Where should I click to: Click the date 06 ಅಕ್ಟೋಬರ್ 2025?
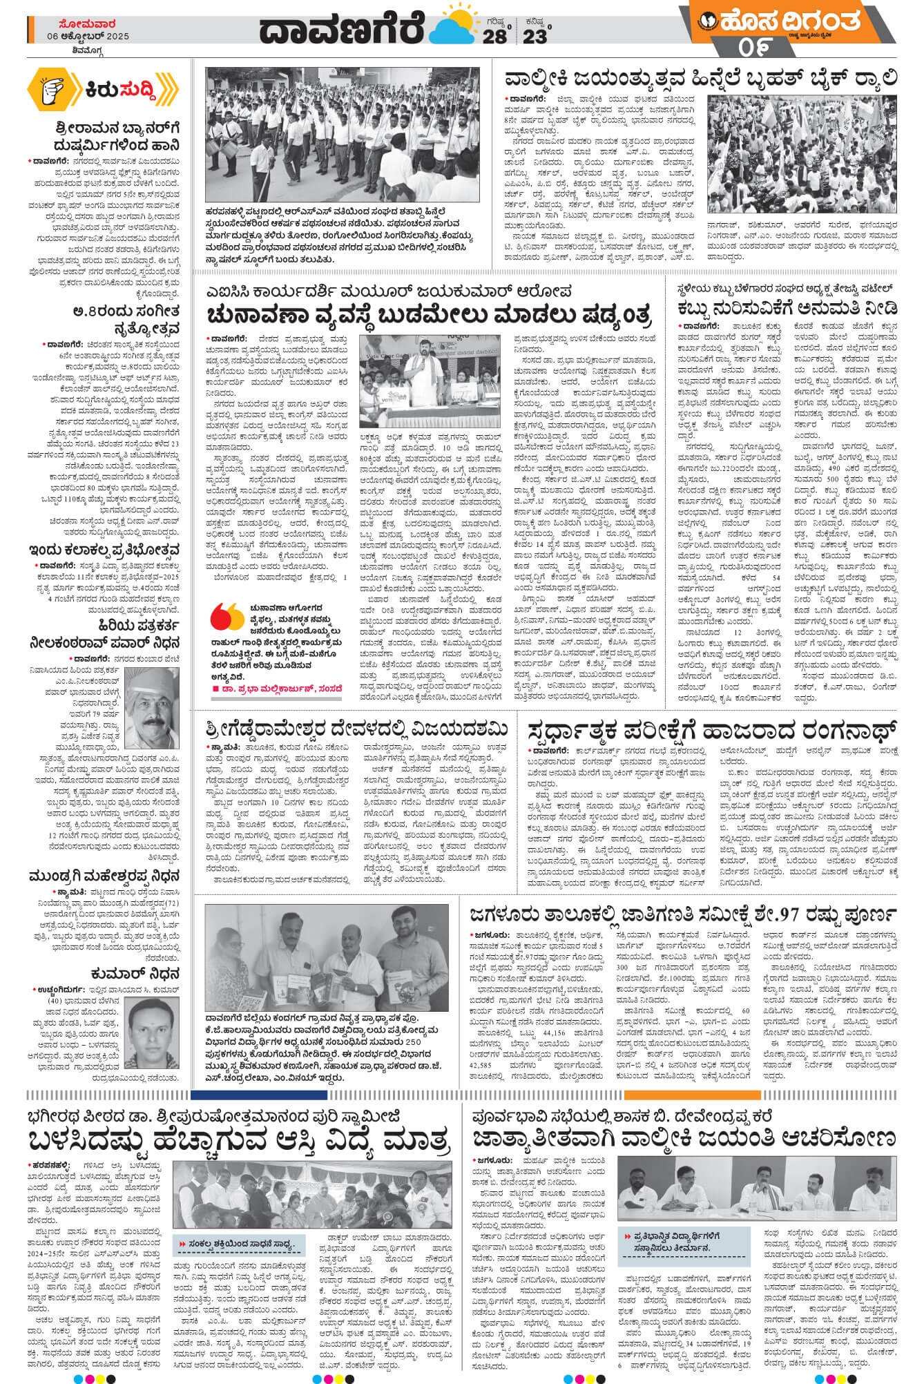(88, 36)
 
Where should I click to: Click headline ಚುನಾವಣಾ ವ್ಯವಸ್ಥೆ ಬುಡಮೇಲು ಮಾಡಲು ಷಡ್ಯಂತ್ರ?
(429, 315)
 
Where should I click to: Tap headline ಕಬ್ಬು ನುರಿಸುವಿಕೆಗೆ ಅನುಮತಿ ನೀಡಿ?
(787, 307)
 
